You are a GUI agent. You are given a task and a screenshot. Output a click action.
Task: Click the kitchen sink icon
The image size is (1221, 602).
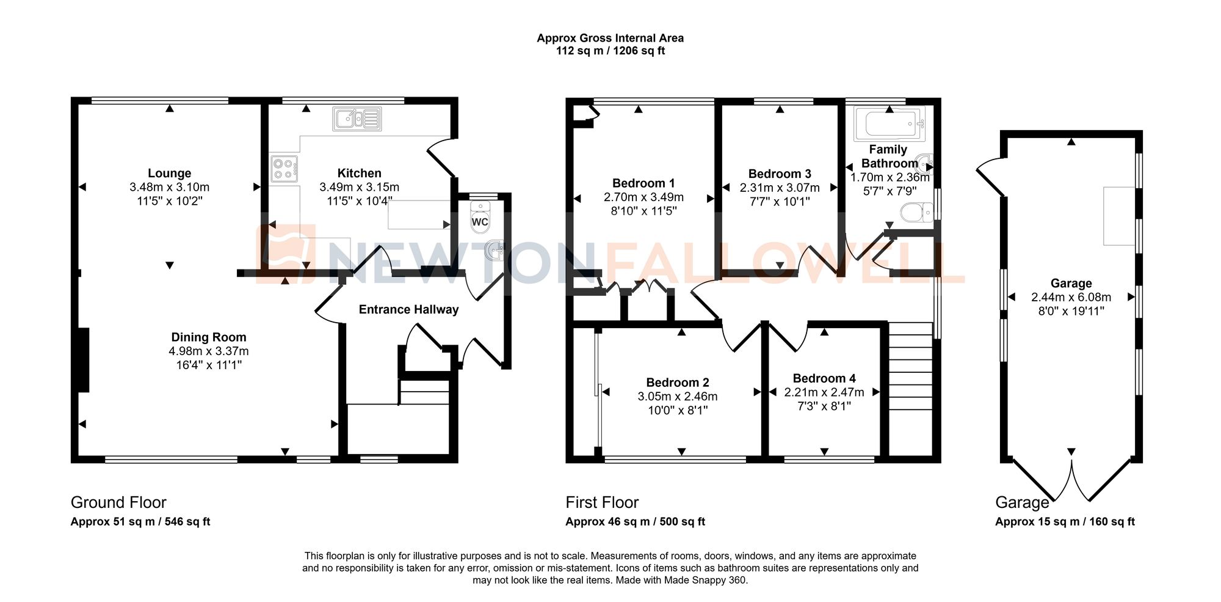pyautogui.click(x=357, y=119)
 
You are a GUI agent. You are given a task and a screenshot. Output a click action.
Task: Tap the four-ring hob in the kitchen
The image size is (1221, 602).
pyautogui.click(x=284, y=169)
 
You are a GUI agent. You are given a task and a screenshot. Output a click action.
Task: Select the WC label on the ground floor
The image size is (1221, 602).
pyautogui.click(x=480, y=222)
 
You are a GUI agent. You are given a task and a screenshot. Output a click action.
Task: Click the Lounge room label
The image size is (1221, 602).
pyautogui.click(x=169, y=174)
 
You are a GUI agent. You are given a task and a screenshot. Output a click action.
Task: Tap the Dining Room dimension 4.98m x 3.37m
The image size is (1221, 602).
pyautogui.click(x=209, y=351)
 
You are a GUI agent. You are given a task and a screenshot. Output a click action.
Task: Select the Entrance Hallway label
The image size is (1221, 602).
pyautogui.click(x=408, y=310)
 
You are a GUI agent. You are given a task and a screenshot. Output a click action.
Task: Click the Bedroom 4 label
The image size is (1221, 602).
pyautogui.click(x=824, y=378)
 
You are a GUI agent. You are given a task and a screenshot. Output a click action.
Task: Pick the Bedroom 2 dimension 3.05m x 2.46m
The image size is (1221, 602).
pyautogui.click(x=678, y=397)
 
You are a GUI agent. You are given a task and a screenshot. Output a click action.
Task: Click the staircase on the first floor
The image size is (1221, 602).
pyautogui.click(x=910, y=373)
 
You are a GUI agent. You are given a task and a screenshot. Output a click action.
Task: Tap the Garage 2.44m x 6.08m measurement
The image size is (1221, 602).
pyautogui.click(x=1071, y=298)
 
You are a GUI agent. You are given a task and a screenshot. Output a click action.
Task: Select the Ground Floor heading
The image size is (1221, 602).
pyautogui.click(x=118, y=502)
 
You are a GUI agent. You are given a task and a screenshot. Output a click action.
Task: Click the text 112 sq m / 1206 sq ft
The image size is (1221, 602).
pyautogui.click(x=610, y=51)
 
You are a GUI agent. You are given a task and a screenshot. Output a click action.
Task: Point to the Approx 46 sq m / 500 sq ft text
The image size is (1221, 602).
pyautogui.click(x=635, y=522)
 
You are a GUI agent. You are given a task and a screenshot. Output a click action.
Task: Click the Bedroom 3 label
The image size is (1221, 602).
pyautogui.click(x=780, y=174)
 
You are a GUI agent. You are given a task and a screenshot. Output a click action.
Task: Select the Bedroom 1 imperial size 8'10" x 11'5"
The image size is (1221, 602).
pyautogui.click(x=643, y=211)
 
